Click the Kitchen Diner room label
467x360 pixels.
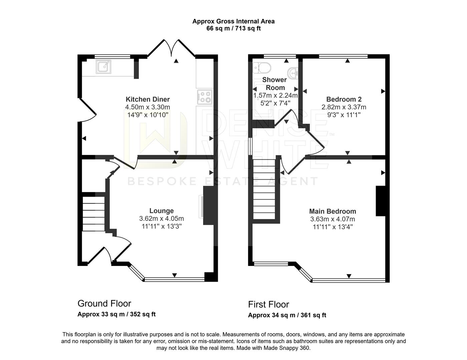(x=147, y=99)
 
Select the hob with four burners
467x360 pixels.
(x=204, y=97)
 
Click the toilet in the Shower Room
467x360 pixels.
(x=262, y=68)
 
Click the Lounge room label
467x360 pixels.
(x=161, y=211)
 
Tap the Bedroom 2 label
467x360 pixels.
(x=344, y=99)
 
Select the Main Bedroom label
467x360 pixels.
(x=333, y=211)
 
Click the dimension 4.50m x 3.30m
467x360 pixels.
(x=147, y=107)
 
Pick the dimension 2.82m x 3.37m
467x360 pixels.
(x=344, y=107)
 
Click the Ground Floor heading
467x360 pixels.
(x=104, y=304)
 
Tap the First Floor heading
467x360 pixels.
(x=268, y=304)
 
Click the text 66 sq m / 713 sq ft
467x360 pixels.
(x=233, y=28)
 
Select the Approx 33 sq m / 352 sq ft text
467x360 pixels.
(x=116, y=314)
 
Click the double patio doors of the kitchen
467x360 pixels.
(x=171, y=48)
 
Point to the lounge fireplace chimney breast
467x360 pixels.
(x=210, y=206)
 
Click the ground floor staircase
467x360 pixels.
(x=93, y=213)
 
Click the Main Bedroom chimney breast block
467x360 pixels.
(x=381, y=201)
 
